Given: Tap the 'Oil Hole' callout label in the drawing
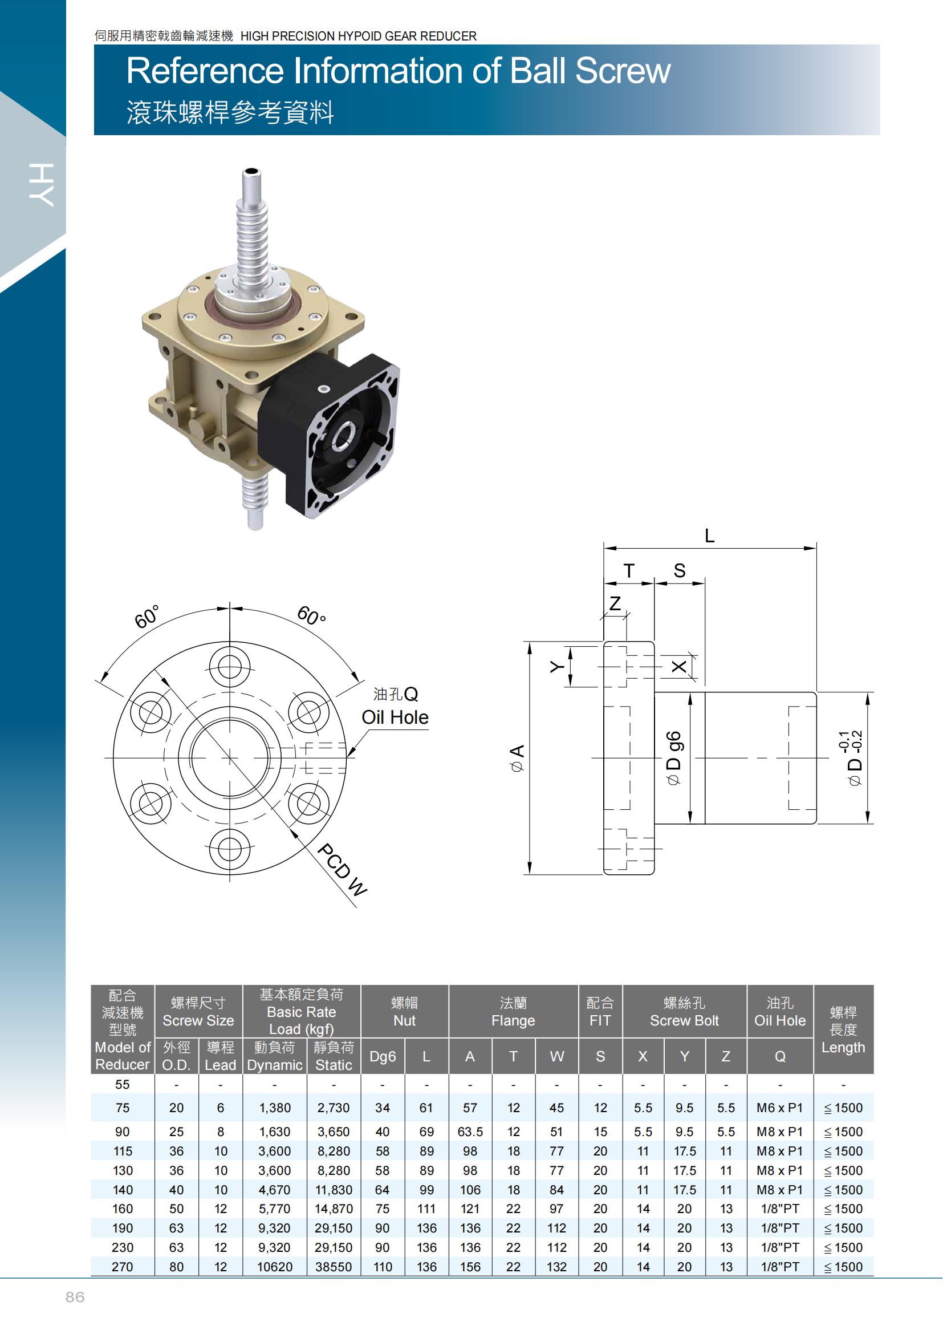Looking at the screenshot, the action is tap(395, 717).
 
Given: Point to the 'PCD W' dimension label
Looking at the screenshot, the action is tap(342, 870).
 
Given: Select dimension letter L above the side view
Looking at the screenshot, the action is tap(709, 535).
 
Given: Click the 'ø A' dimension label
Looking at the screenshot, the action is tap(517, 757).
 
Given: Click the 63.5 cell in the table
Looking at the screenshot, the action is tap(470, 1132).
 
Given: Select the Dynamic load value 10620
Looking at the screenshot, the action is tap(275, 1267).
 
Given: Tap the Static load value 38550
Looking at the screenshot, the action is tap(334, 1267).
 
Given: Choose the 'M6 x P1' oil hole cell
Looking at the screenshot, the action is tap(779, 1108).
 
